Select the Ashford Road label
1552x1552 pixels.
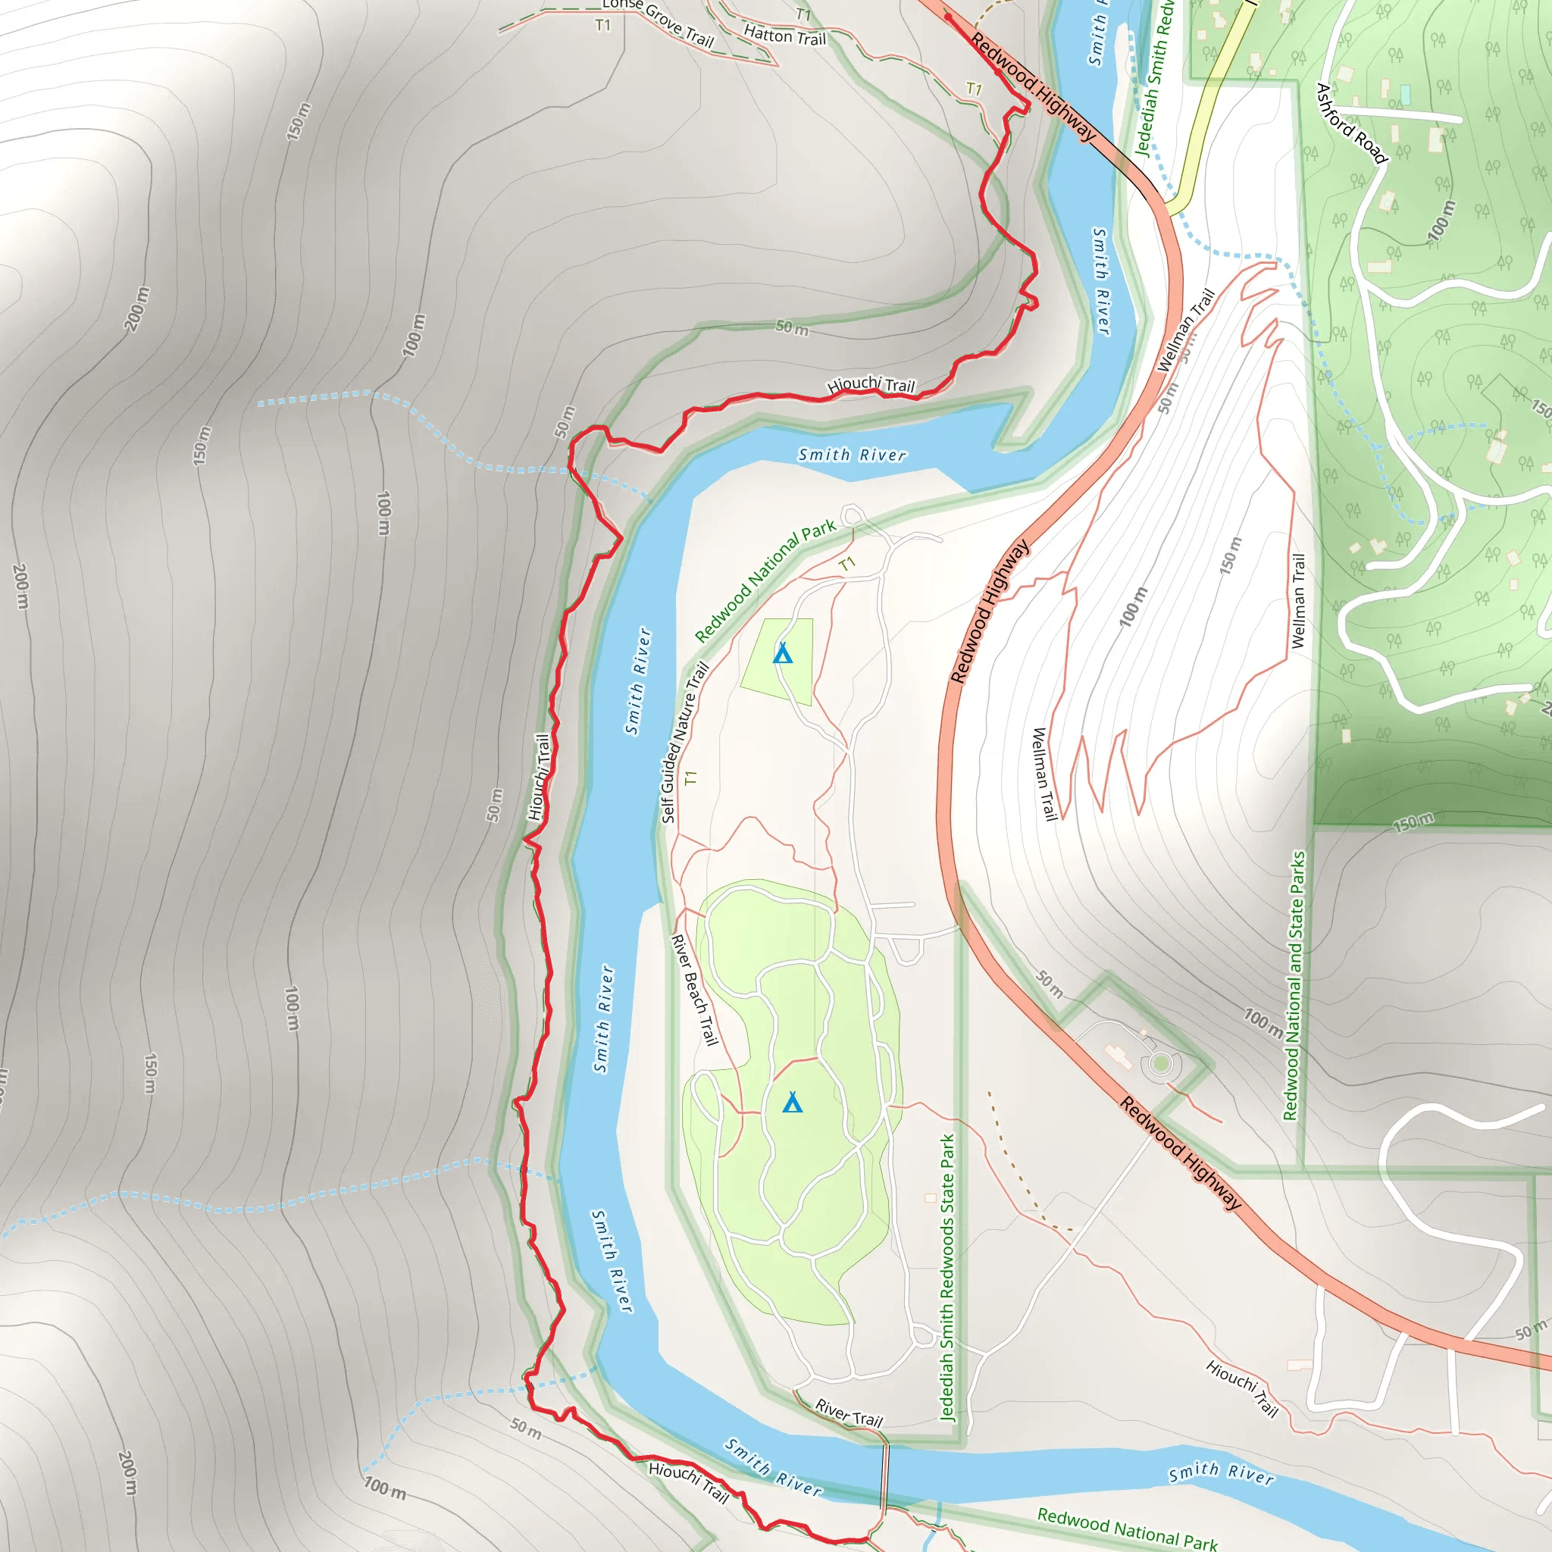coord(1351,123)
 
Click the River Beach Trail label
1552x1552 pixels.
coord(694,990)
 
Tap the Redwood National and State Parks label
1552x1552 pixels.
coord(1295,986)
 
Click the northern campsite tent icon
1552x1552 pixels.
coord(782,654)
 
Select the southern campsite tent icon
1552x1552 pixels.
coord(793,1102)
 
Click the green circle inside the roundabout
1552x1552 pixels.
coord(1160,1065)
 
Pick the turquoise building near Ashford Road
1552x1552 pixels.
coord(1405,95)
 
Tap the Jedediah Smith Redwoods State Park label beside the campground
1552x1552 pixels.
coord(948,1277)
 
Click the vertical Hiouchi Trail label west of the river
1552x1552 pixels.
coord(540,777)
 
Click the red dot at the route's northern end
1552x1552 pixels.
coord(948,15)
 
